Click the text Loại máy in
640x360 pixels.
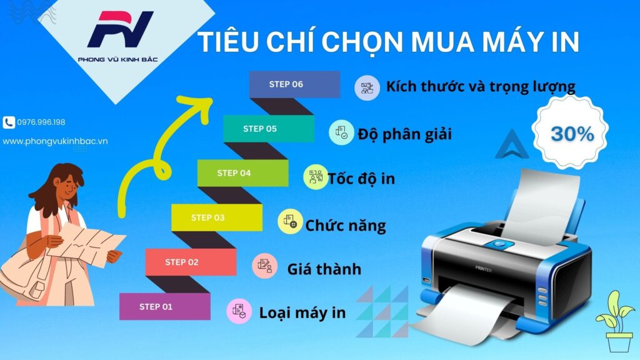click(x=302, y=312)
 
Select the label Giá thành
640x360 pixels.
click(x=324, y=269)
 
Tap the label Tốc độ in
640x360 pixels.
click(x=361, y=179)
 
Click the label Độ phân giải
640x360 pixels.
click(x=404, y=134)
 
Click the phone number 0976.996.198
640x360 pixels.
click(x=42, y=122)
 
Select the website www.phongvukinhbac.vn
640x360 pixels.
click(x=55, y=141)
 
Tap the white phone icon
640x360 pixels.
click(x=9, y=122)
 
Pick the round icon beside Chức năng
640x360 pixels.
click(x=290, y=222)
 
